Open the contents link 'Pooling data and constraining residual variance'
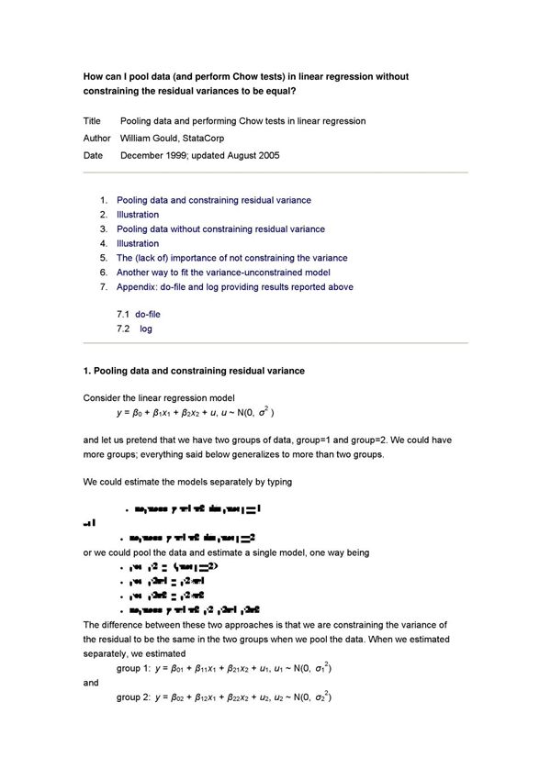coord(213,200)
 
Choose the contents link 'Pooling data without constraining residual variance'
coord(220,229)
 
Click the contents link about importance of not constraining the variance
coord(231,258)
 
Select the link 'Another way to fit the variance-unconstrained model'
coord(223,273)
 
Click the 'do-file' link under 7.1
coord(148,314)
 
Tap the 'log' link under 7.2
coord(146,329)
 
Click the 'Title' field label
coord(92,121)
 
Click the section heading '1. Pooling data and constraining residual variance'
coord(194,371)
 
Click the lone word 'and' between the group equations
coord(90,684)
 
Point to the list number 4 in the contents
coord(105,244)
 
